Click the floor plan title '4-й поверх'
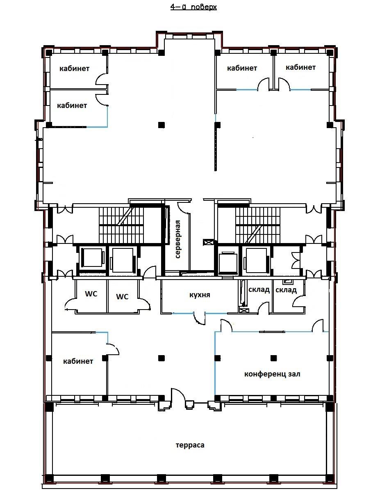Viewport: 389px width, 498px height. coord(193,7)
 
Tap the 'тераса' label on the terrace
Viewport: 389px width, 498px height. coord(190,445)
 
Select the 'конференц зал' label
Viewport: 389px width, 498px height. coord(272,374)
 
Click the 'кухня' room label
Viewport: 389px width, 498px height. coord(200,295)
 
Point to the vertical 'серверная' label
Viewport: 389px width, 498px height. coord(177,239)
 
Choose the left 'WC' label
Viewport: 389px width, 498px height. coord(91,294)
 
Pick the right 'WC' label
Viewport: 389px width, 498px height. coord(122,296)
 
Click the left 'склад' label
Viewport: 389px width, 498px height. coord(259,290)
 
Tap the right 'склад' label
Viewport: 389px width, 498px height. coord(286,290)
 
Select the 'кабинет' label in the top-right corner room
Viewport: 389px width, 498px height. coord(300,67)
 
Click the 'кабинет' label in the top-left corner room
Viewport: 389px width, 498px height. coord(74,68)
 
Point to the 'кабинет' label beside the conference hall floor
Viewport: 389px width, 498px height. coord(78,361)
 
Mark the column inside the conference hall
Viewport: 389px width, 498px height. coord(273,358)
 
